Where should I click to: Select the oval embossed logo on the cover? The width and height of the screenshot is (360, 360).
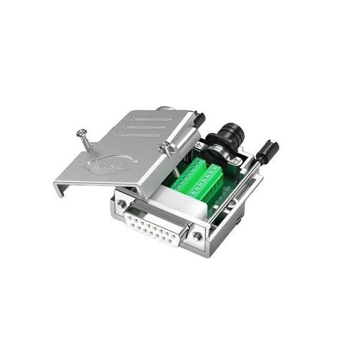111,163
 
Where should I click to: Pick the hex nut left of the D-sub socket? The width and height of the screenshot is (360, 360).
122,204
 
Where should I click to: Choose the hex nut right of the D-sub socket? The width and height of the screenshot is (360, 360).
197,236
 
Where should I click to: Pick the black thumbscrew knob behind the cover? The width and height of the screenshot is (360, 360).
199,120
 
